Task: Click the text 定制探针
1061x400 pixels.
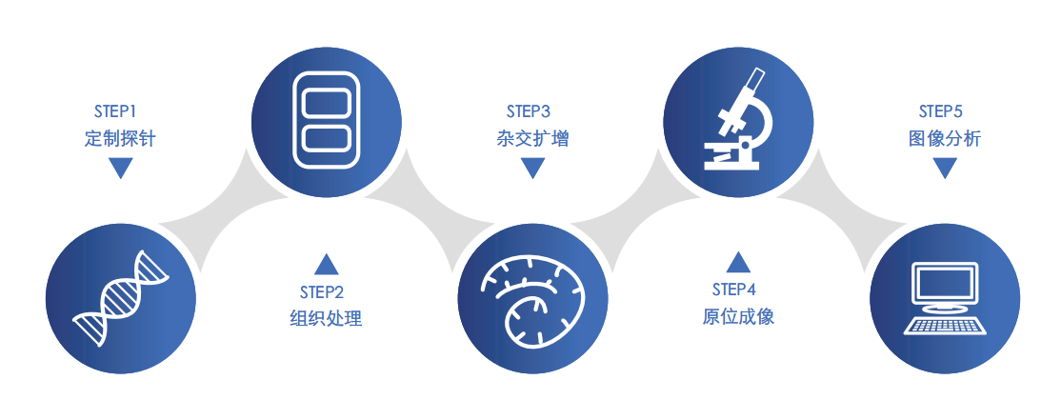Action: (120, 138)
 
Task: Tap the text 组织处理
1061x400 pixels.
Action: (327, 318)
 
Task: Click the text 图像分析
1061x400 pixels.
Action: (944, 138)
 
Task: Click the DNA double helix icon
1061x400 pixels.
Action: (121, 298)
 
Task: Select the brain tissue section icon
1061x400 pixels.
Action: (531, 299)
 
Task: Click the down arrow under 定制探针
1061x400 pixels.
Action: (120, 169)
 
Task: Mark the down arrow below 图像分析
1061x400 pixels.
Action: (944, 169)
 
